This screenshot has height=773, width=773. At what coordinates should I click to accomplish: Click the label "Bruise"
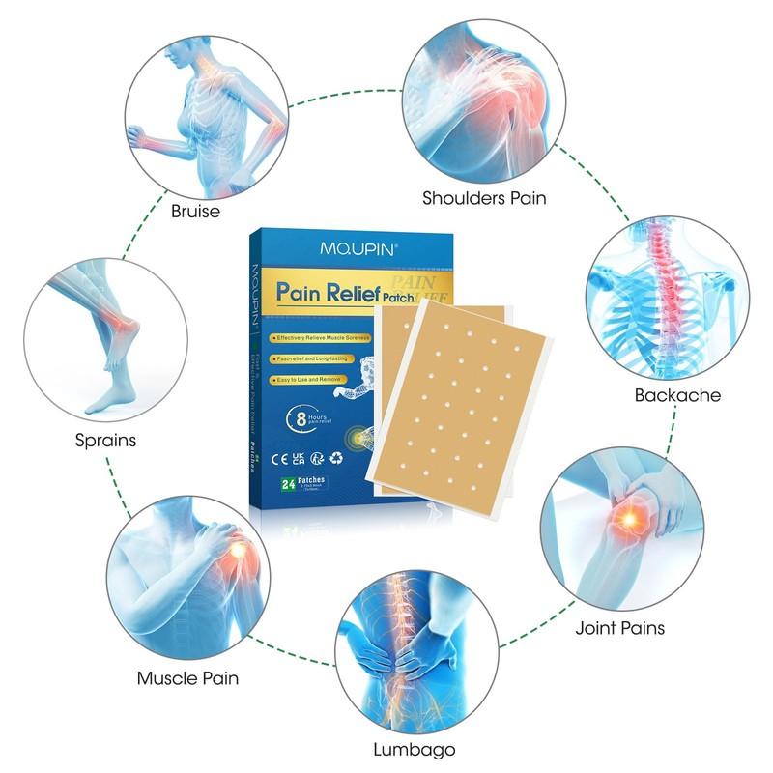194,211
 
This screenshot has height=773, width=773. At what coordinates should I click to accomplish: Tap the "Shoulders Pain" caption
484,199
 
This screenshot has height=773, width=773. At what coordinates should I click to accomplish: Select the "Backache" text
677,394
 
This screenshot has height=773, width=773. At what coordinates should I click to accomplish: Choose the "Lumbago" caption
413,749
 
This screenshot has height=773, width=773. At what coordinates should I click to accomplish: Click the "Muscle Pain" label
187,678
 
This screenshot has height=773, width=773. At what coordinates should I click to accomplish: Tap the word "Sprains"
105,440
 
